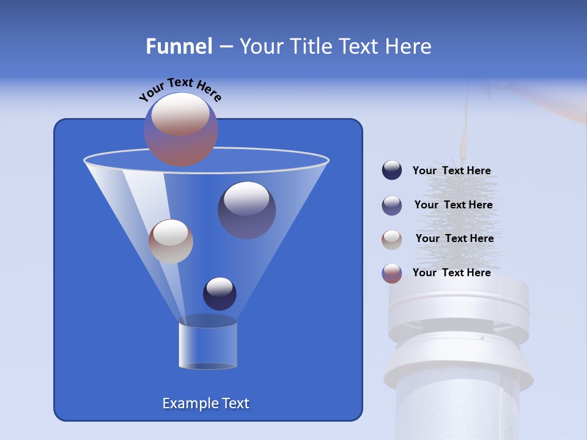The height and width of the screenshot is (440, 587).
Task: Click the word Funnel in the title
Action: pyautogui.click(x=179, y=46)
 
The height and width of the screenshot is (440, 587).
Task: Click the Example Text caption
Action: pyautogui.click(x=205, y=403)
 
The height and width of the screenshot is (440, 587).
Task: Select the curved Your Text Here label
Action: pyautogui.click(x=180, y=90)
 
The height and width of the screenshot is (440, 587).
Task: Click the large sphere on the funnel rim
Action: pyautogui.click(x=180, y=129)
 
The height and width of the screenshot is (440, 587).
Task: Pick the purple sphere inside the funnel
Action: pyautogui.click(x=246, y=210)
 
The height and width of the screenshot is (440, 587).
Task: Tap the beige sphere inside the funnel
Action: pyautogui.click(x=171, y=241)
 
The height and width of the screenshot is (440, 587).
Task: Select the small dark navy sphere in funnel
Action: pyautogui.click(x=220, y=293)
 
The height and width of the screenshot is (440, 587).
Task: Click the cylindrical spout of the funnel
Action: pyautogui.click(x=207, y=346)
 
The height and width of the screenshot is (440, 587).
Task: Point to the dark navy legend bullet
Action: pyautogui.click(x=392, y=170)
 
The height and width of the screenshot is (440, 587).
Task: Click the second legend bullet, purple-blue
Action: pyautogui.click(x=392, y=205)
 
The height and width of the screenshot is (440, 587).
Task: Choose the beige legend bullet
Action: pyautogui.click(x=392, y=239)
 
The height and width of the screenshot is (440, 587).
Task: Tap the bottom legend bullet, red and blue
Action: pyautogui.click(x=392, y=273)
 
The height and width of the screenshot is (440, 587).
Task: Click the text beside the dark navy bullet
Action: pyautogui.click(x=451, y=171)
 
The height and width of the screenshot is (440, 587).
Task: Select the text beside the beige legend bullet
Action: pyautogui.click(x=454, y=239)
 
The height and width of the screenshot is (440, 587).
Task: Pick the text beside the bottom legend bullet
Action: pyautogui.click(x=451, y=273)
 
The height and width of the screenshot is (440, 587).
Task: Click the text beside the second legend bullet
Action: pyautogui.click(x=453, y=205)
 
